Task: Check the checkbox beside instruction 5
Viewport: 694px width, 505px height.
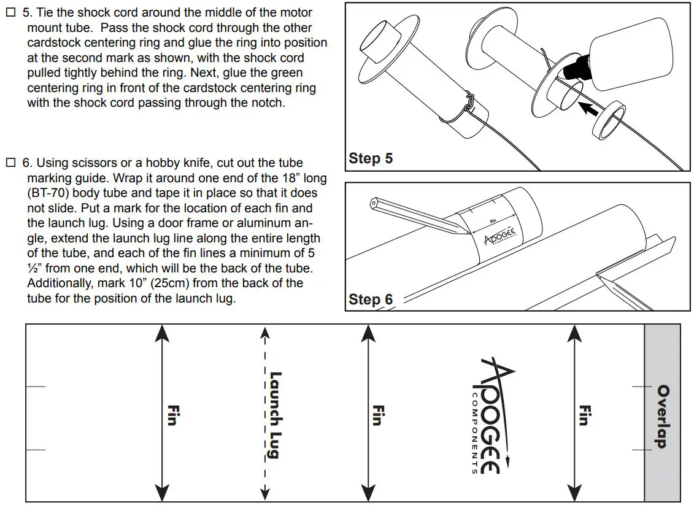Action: click(x=10, y=13)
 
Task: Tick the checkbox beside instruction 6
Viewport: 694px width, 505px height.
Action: click(x=10, y=163)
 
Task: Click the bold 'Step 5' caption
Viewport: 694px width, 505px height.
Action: click(x=371, y=158)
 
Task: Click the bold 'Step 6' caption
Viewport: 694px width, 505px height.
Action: click(x=371, y=299)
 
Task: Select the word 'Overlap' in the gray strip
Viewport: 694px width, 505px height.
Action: click(x=663, y=416)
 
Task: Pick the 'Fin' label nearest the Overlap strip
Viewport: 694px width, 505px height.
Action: click(x=584, y=415)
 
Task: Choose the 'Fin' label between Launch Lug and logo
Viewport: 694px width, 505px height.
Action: click(x=378, y=415)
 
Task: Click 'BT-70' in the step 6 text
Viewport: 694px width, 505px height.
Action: click(x=50, y=193)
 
